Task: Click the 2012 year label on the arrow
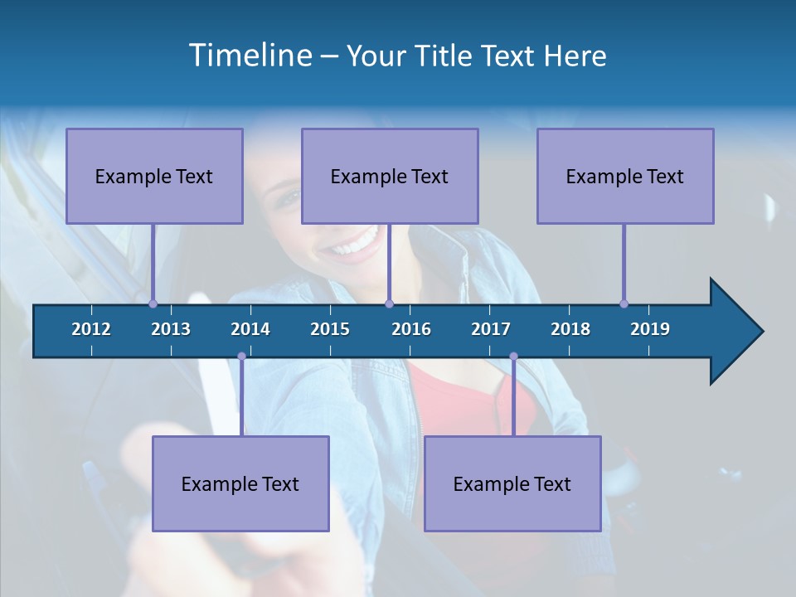(91, 329)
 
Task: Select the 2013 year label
(171, 329)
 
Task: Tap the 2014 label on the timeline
(250, 329)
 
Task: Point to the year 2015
(330, 329)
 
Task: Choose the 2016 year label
(411, 329)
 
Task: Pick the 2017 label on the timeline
(491, 329)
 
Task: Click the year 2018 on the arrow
(570, 329)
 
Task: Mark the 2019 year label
(650, 329)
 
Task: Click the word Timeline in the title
(250, 56)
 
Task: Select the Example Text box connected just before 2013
(154, 176)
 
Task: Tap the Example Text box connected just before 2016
(390, 176)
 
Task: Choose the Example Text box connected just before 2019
(625, 176)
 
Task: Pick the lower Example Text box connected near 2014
(240, 483)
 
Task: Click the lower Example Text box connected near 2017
(512, 483)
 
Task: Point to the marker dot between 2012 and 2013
(153, 303)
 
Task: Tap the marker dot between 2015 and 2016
(389, 303)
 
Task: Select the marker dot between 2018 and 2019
(624, 303)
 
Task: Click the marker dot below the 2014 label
(241, 356)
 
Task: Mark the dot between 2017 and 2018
(513, 356)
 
